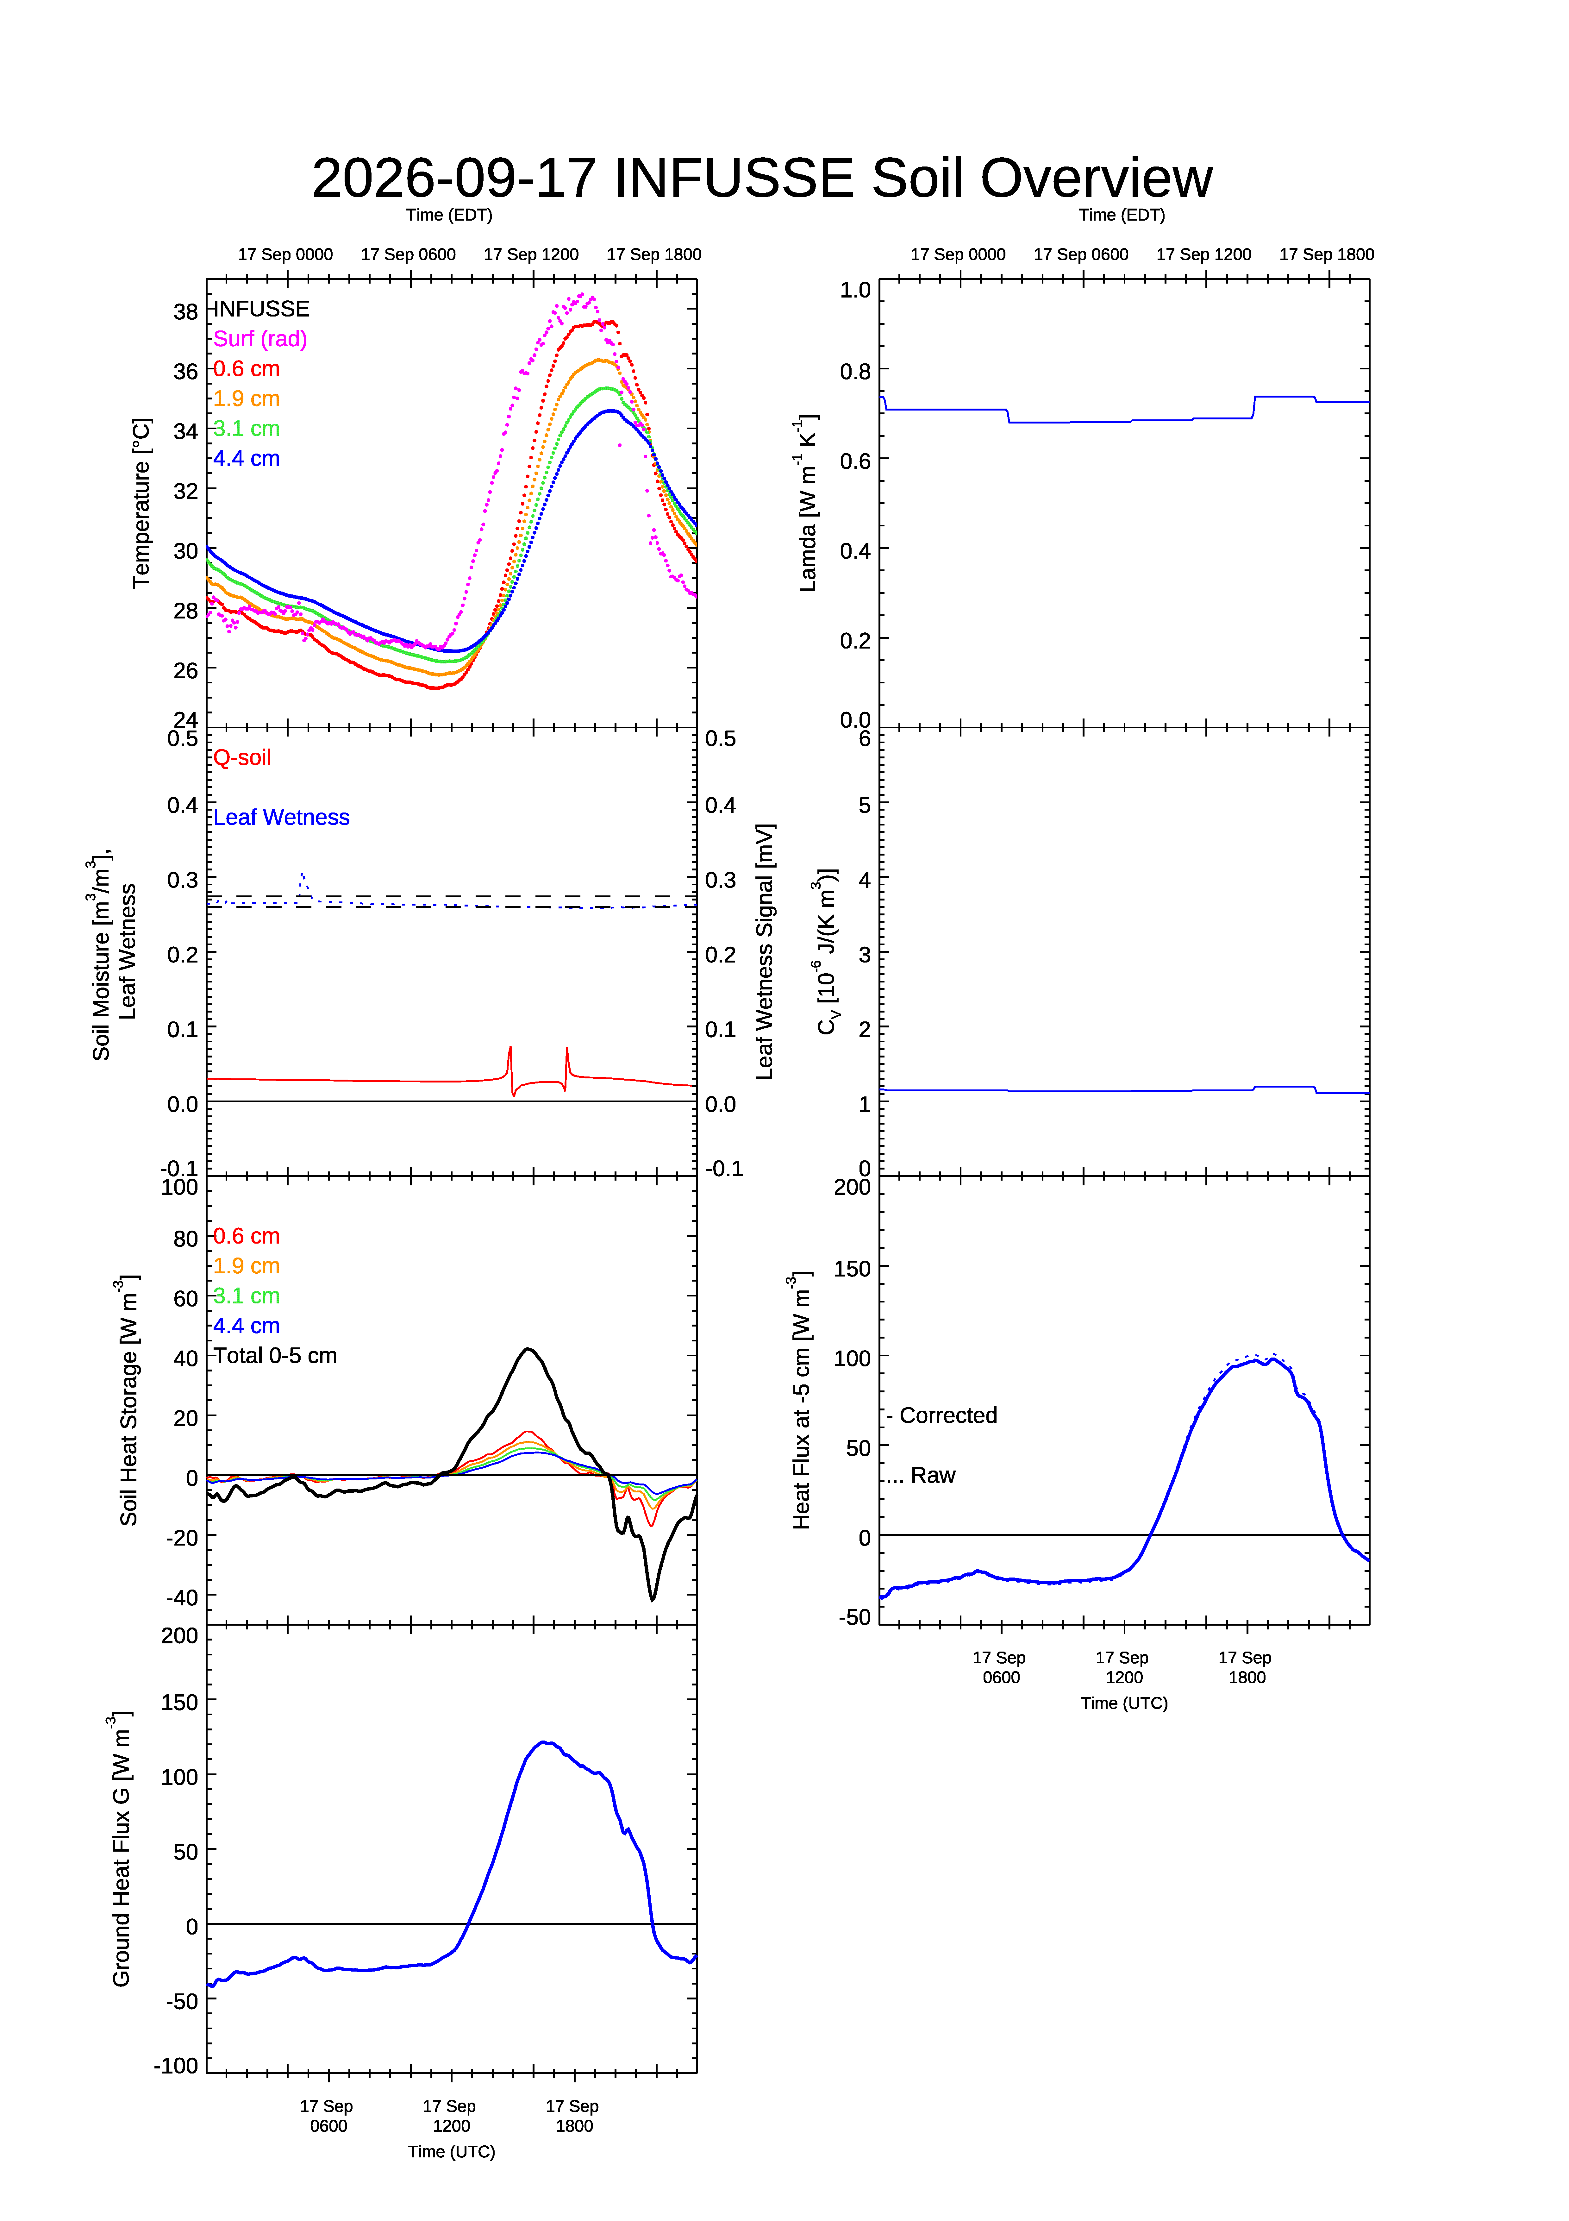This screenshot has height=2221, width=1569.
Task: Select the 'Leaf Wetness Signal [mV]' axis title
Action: tap(765, 952)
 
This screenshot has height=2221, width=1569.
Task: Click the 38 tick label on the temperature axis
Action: tap(186, 311)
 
